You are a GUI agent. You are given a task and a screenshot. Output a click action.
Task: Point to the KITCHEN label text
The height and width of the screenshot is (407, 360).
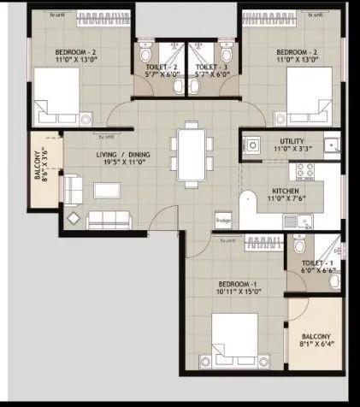click(x=285, y=191)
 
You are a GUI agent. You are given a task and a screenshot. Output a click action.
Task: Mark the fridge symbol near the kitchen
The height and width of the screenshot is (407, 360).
click(x=224, y=219)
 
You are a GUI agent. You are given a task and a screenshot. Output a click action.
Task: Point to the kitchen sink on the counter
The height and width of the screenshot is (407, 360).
click(x=296, y=222)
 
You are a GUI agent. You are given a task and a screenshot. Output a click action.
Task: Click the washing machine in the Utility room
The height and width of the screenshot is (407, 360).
click(x=254, y=145)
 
